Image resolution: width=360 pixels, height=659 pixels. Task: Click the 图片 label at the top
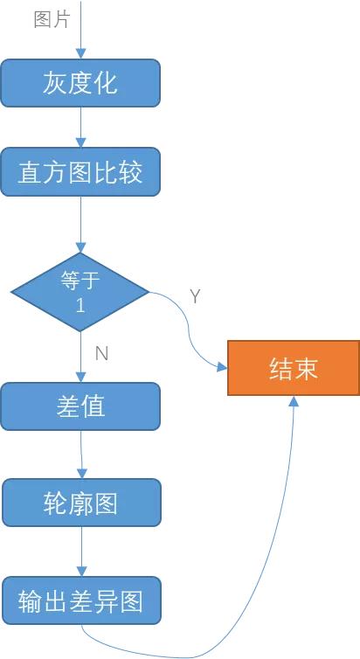(52, 19)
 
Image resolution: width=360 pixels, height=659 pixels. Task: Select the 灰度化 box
(80, 83)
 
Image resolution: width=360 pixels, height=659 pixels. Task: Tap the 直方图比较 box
(80, 172)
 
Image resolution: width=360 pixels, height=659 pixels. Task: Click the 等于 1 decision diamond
(80, 292)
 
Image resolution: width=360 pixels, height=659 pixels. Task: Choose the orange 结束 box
(293, 368)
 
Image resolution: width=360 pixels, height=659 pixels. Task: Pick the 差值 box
(80, 406)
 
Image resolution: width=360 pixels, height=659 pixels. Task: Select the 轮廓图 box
(80, 503)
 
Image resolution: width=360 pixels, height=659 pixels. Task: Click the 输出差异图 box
(80, 601)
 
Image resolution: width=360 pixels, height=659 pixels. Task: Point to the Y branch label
(195, 297)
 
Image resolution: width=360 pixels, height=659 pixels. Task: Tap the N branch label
(101, 353)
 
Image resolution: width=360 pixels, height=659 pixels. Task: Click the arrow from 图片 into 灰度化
(80, 35)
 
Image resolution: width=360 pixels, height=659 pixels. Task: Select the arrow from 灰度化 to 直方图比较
(80, 128)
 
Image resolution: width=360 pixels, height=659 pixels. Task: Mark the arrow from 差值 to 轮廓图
(81, 454)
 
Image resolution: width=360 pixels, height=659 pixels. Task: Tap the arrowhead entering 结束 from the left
(221, 369)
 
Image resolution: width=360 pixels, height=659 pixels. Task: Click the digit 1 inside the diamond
(80, 307)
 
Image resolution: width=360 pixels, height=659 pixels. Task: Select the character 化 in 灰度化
(106, 83)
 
